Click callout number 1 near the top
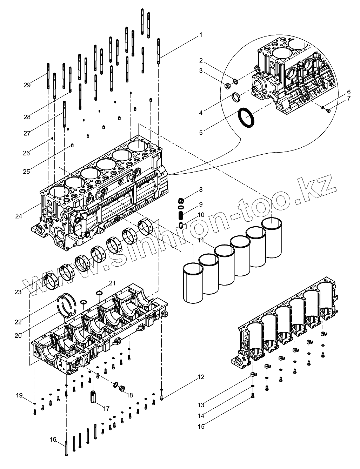pos(201,35)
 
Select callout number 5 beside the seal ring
pos(201,133)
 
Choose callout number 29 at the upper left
pos(27,85)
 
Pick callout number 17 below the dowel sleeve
pos(106,408)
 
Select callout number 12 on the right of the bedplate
pos(201,377)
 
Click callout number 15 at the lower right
pos(201,427)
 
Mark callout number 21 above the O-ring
pos(112,283)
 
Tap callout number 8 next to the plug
pos(201,190)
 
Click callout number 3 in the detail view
pos(201,71)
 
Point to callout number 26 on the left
pos(27,153)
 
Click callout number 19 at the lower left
pos(19,395)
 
